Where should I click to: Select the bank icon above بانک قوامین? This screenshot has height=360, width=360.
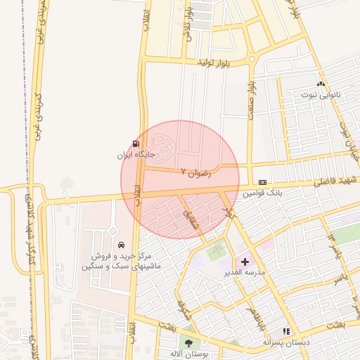(x=262, y=181)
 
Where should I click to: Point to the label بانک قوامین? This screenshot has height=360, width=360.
(x=262, y=191)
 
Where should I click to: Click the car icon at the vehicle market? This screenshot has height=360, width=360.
(x=122, y=245)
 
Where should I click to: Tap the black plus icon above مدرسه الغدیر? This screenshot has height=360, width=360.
(x=245, y=262)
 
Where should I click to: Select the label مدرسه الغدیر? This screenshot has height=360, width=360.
(x=245, y=271)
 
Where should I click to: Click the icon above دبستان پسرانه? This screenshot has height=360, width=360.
(x=285, y=330)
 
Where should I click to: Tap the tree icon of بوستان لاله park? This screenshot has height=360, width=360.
(x=188, y=342)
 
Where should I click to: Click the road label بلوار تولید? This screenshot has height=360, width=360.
(x=214, y=63)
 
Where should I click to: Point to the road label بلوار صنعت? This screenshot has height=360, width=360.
(x=250, y=103)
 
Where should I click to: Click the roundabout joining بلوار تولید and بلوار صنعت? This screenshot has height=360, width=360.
(x=252, y=59)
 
